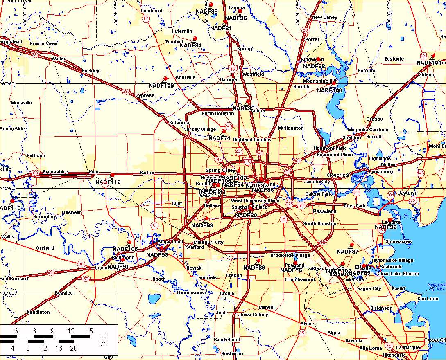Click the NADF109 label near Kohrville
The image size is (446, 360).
click(161, 85)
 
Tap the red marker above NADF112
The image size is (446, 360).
click(112, 175)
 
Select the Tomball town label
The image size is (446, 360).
click(174, 42)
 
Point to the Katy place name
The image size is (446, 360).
click(94, 172)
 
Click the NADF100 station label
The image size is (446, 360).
click(329, 90)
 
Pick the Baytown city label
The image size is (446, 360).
click(407, 193)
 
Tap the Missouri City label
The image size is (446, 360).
click(208, 242)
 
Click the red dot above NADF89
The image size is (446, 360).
click(258, 260)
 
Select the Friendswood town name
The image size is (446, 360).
click(299, 279)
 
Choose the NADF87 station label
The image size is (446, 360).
click(347, 251)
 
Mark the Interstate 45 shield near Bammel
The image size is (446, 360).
click(233, 69)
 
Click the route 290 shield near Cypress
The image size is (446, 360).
click(127, 91)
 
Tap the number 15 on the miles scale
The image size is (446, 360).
click(89, 331)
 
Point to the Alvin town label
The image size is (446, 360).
click(306, 323)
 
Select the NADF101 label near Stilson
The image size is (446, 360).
click(428, 63)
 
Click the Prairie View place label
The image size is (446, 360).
click(43, 43)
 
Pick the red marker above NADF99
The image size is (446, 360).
click(207, 218)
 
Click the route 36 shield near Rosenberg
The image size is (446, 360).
click(81, 264)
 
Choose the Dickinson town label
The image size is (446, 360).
click(381, 308)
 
